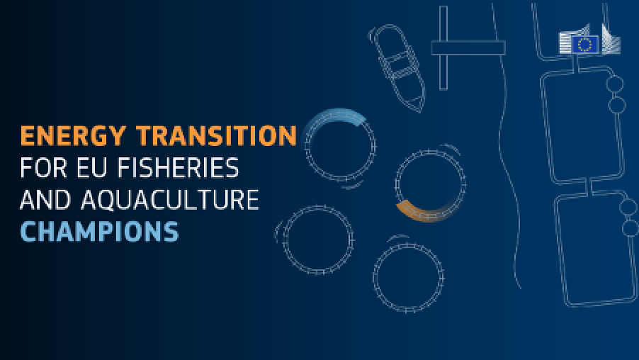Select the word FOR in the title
coord(40,168)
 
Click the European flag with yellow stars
coord(585,45)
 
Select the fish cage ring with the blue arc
coord(339,146)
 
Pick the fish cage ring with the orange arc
coord(431,186)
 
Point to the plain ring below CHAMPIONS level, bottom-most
coord(408,276)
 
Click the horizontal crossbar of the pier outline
coord(468,48)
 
